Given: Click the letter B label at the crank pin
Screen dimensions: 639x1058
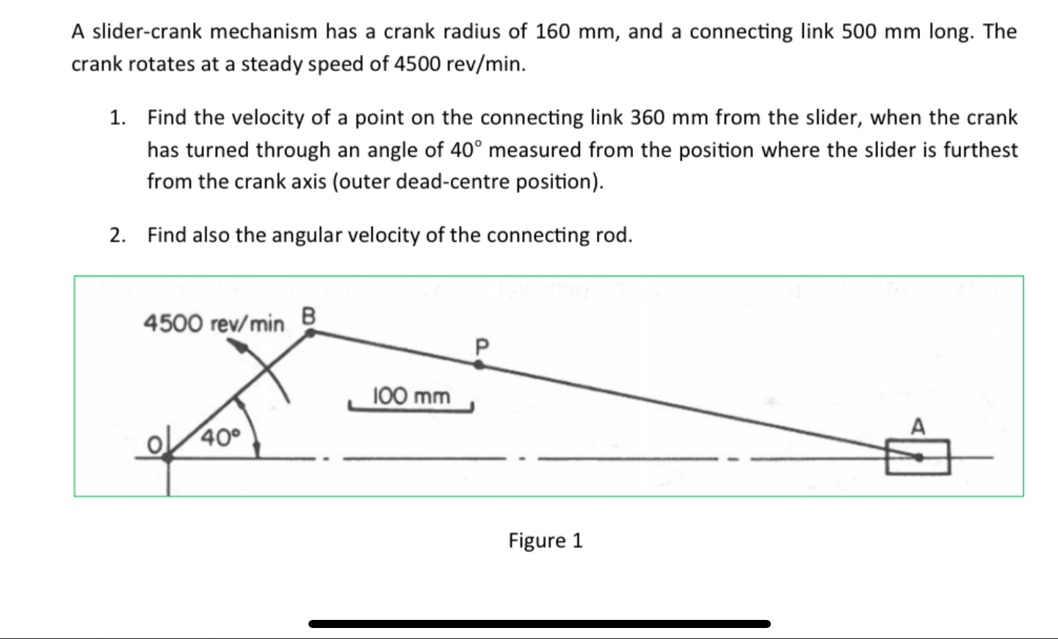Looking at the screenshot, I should (x=308, y=316).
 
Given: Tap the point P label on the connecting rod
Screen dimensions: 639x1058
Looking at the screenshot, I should (x=481, y=346).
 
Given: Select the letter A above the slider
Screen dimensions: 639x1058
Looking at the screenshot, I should (x=918, y=426).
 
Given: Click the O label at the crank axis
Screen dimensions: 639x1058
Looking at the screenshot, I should (x=154, y=445).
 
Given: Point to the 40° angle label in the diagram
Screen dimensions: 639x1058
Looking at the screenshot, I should (x=221, y=438).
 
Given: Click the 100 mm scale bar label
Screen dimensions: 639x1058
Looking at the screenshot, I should (x=411, y=397).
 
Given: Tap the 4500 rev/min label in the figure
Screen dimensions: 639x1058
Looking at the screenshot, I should (x=214, y=323).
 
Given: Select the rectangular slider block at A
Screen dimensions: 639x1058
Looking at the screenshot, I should (x=917, y=456).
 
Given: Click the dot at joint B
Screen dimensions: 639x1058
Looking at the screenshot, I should (x=311, y=333).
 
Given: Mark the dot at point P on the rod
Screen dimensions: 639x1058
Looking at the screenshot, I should (x=479, y=364).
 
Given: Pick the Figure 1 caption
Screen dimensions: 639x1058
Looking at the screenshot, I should (x=545, y=541).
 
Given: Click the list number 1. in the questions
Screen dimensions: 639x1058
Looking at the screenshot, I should (x=117, y=117).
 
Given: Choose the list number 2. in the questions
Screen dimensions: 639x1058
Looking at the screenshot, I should (x=117, y=235).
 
